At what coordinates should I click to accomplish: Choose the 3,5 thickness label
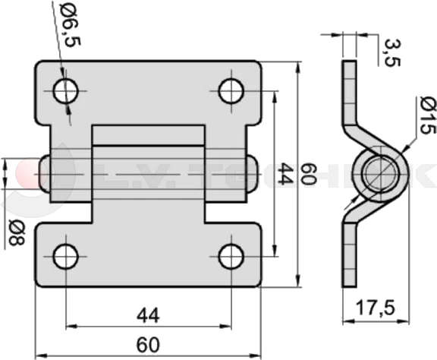pyautogui.click(x=392, y=52)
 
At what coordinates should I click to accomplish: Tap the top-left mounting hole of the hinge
pyautogui.click(x=66, y=91)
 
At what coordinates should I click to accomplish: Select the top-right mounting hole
pyautogui.click(x=231, y=90)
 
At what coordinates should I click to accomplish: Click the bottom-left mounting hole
pyautogui.click(x=66, y=257)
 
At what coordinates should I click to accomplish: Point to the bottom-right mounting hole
pyautogui.click(x=231, y=256)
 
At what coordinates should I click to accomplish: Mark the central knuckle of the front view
pyautogui.click(x=149, y=174)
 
